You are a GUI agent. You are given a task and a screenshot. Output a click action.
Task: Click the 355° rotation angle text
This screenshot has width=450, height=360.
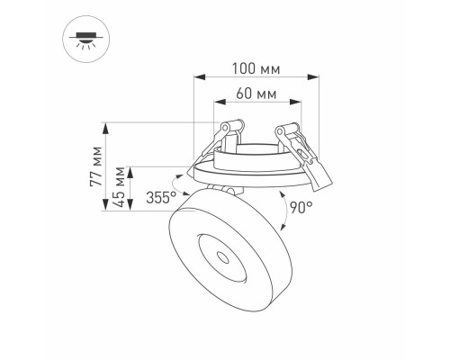(161, 199)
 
